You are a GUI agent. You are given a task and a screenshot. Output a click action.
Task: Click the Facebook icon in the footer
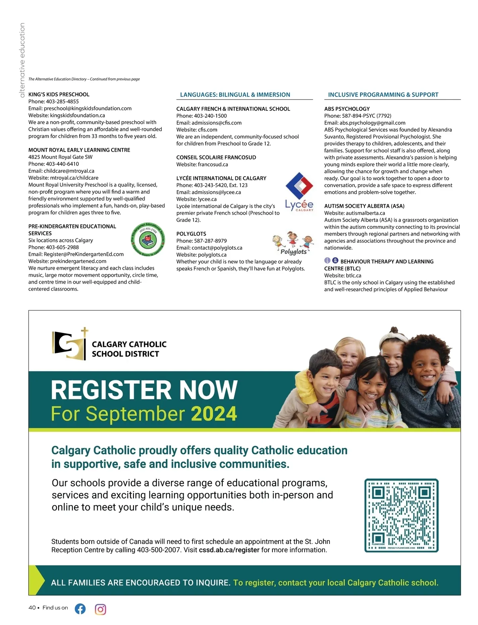tap(80, 609)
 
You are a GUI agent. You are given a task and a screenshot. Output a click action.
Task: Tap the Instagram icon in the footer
tap(100, 609)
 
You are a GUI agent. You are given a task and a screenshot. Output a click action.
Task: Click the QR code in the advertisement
tap(402, 515)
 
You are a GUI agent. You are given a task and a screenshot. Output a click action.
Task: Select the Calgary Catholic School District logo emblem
tap(70, 344)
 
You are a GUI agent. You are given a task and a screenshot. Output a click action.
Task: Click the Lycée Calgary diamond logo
tap(300, 186)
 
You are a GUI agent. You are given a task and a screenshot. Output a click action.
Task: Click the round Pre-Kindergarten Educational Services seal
tap(148, 239)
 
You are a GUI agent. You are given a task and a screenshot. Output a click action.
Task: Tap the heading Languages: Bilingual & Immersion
tap(235, 95)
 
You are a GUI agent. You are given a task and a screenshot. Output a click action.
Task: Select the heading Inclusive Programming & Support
tap(383, 95)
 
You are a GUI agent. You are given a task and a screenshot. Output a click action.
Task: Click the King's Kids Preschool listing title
tap(59, 94)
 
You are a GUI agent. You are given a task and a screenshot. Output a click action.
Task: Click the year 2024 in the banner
tap(214, 414)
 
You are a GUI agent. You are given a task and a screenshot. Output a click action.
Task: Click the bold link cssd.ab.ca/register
tap(229, 550)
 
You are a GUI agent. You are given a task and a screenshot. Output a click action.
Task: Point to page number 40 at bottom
tap(32, 607)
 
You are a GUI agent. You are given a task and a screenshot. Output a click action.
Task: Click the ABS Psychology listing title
tap(347, 109)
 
